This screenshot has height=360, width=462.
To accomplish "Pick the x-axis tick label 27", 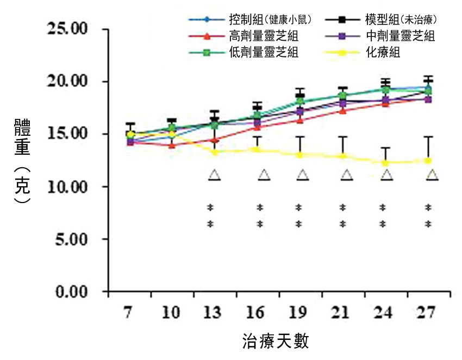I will click(429, 313).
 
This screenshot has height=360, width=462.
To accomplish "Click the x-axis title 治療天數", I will click(276, 342).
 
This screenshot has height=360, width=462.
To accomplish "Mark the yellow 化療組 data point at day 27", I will click(428, 161).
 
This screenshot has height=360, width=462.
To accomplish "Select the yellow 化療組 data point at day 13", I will click(215, 151).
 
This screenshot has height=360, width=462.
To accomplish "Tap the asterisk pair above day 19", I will click(298, 215).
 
